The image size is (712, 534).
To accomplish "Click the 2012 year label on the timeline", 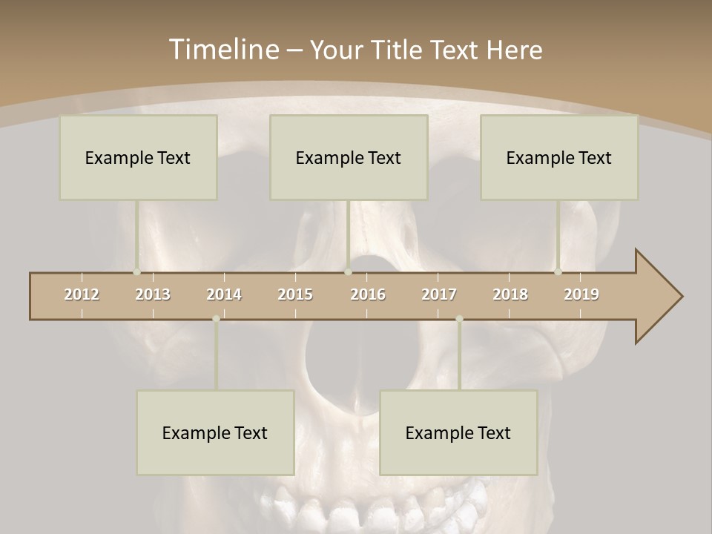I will (82, 294).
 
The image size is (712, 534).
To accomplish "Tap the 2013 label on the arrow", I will (153, 294).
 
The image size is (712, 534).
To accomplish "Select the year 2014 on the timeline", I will (224, 294).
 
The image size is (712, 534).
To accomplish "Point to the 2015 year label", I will (295, 294).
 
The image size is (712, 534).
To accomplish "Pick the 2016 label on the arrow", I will (368, 294).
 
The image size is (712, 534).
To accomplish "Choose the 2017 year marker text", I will (439, 294).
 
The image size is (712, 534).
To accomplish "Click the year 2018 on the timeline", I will (510, 294).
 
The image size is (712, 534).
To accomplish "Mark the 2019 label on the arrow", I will (581, 294).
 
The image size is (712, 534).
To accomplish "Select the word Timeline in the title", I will (223, 50).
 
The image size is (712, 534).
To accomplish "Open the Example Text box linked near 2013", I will (138, 157).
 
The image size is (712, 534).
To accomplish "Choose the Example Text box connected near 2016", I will (349, 157).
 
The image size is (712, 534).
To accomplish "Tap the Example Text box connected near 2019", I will (559, 157).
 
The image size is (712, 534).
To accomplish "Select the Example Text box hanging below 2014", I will (215, 432).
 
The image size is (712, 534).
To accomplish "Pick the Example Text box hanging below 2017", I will (458, 432).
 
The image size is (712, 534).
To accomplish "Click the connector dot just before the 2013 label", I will (136, 271).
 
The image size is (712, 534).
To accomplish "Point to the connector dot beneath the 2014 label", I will (216, 319).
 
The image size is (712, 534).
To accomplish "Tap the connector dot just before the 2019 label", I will (558, 271).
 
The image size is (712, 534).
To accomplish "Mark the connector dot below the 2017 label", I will (459, 319).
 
